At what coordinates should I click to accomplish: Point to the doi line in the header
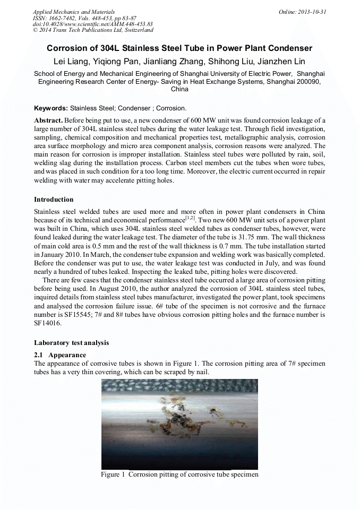pos(92,24)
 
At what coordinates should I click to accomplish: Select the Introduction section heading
pos(54,200)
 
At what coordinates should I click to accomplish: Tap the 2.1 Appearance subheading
pos(60,355)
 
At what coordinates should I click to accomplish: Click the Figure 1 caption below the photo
pos(179,475)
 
